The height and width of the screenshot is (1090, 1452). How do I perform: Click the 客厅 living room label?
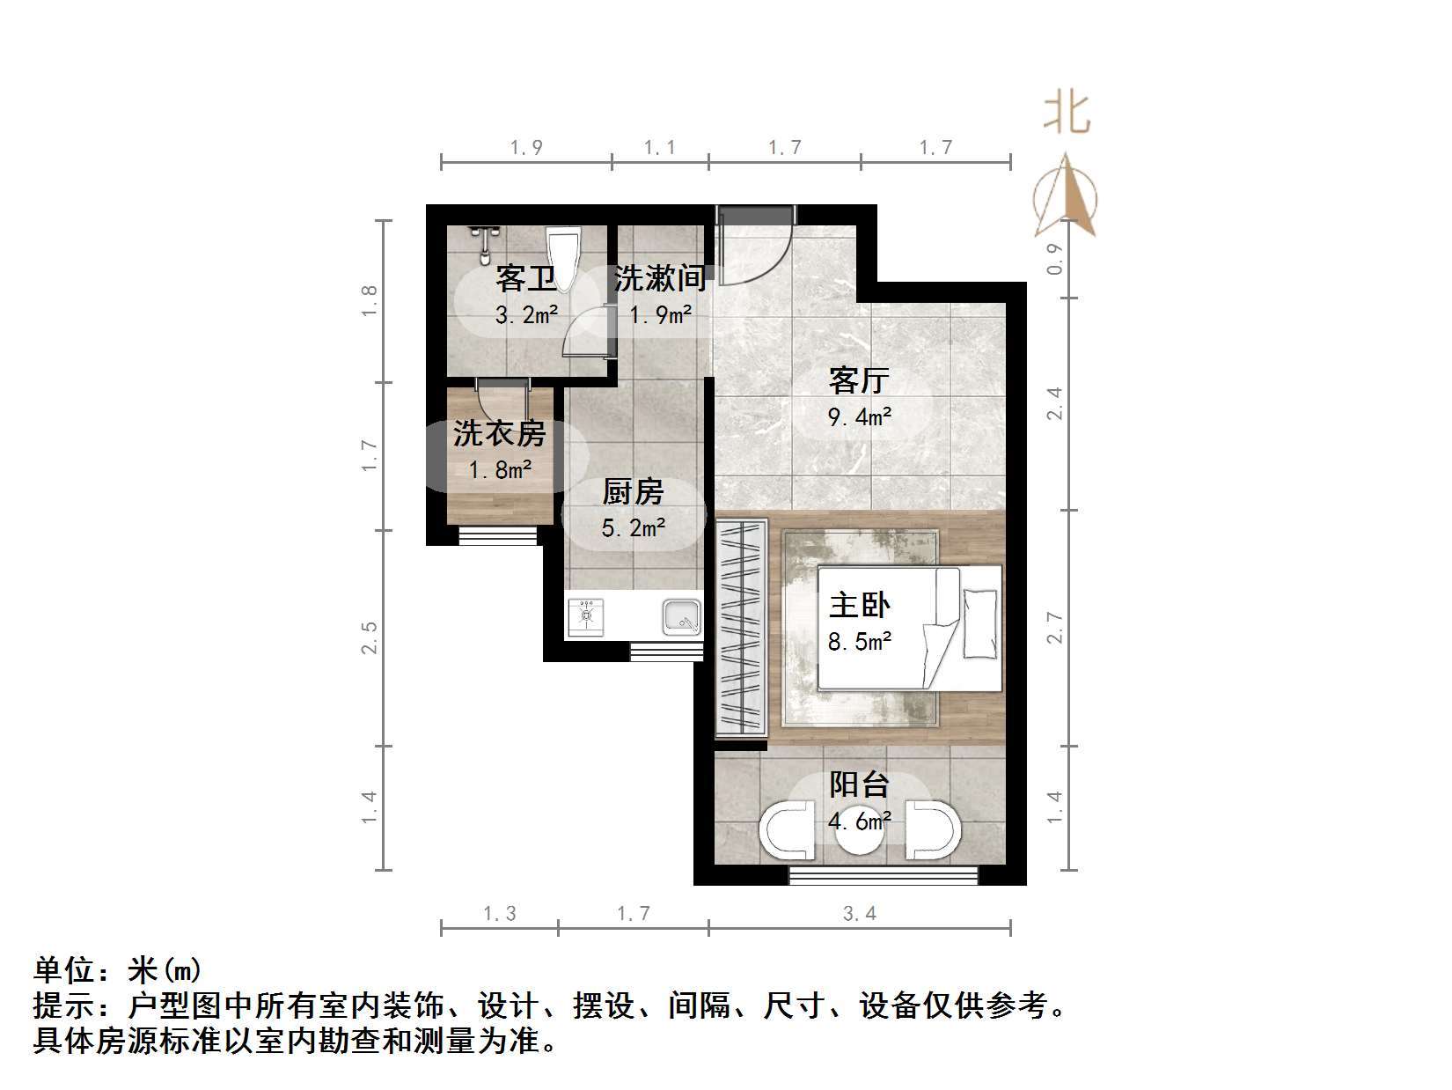[859, 380]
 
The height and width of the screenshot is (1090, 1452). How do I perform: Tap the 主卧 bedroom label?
[859, 605]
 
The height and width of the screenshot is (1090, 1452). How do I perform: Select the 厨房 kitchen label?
[633, 492]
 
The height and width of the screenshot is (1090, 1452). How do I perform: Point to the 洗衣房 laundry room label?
[499, 433]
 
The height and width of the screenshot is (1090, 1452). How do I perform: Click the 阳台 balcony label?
[859, 784]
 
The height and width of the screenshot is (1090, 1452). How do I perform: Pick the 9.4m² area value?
[860, 417]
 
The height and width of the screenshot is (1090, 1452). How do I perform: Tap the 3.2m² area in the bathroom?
[526, 314]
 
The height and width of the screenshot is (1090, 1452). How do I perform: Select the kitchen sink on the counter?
[682, 617]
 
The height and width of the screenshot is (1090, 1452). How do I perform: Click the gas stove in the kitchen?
[586, 617]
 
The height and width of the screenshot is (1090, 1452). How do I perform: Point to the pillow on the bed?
[981, 623]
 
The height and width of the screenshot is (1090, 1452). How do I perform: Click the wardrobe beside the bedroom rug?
[740, 627]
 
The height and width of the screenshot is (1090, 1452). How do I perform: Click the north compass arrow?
[1067, 198]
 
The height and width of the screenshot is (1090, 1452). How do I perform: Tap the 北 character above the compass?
[1067, 114]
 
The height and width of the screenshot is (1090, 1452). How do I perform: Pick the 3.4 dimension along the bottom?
[859, 914]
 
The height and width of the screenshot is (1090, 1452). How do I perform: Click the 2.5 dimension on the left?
[370, 637]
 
